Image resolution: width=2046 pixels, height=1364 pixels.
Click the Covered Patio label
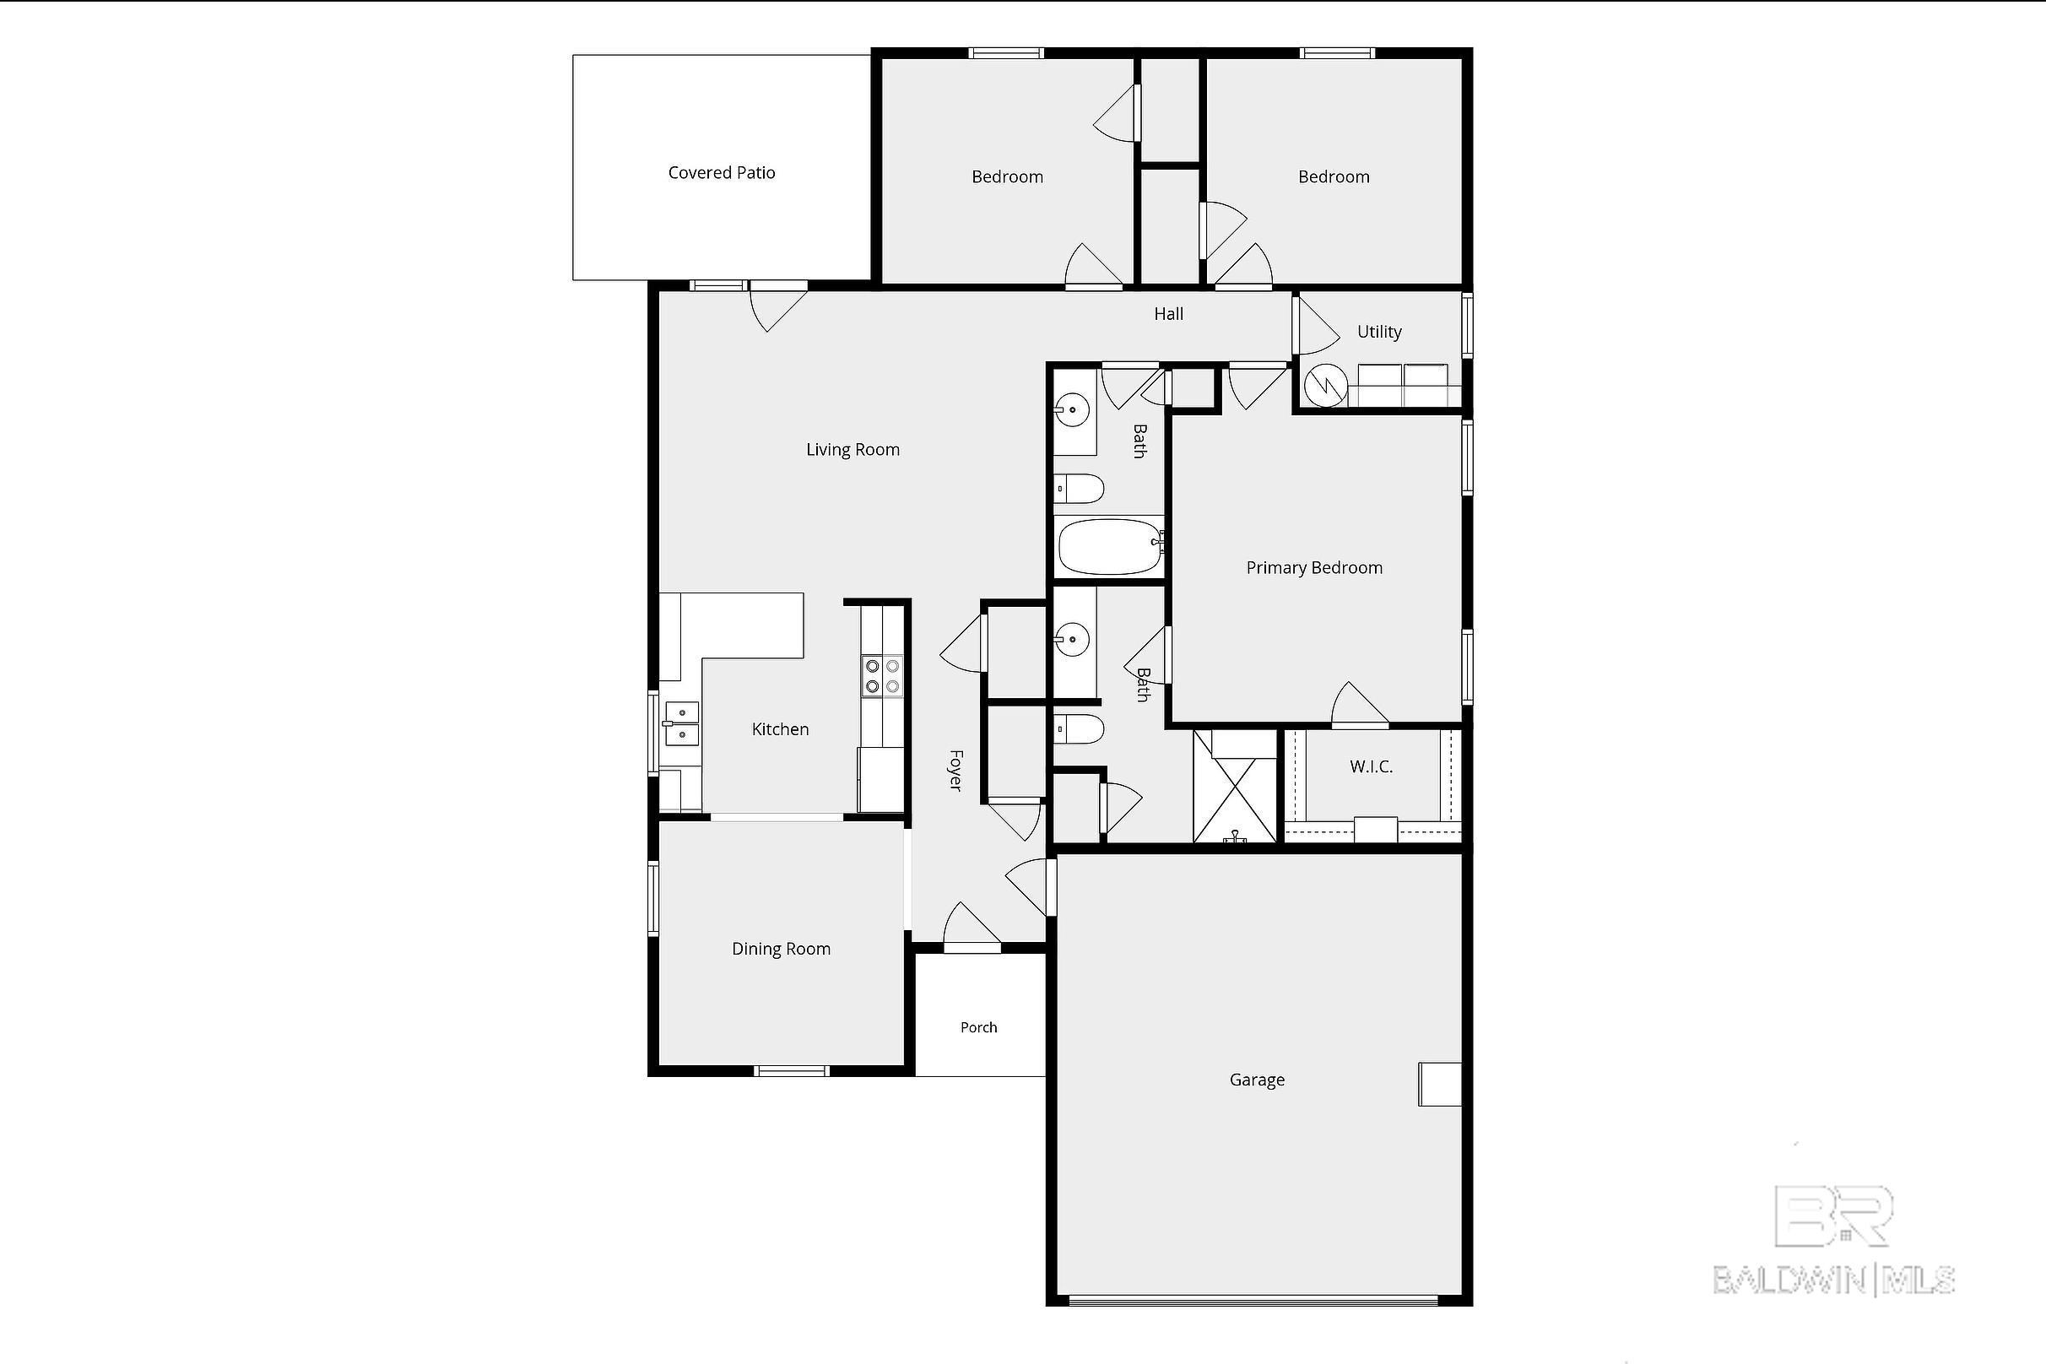tap(721, 172)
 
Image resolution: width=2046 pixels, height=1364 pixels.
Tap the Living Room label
tap(852, 450)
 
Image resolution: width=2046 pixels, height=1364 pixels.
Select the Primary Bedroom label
tap(1313, 568)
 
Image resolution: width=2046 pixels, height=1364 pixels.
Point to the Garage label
tap(1257, 1080)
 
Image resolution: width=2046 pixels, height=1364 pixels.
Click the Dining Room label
tap(780, 949)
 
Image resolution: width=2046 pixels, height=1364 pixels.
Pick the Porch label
tap(978, 1027)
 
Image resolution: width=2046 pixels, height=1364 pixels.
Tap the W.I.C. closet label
tap(1371, 766)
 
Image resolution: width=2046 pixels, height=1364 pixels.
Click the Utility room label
tap(1379, 332)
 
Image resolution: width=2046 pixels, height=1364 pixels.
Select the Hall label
tap(1168, 314)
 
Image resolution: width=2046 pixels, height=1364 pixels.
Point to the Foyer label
tap(955, 770)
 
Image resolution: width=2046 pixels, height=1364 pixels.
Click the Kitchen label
tap(779, 729)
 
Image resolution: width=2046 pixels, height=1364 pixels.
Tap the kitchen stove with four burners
tap(882, 677)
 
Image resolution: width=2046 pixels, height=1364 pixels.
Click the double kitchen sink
tap(682, 723)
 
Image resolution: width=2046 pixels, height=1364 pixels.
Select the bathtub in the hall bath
tap(1110, 546)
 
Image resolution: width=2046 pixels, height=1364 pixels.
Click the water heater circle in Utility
tap(1325, 385)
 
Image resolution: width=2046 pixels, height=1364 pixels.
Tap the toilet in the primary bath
tap(1079, 728)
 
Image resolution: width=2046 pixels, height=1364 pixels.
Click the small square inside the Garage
tap(1440, 1084)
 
